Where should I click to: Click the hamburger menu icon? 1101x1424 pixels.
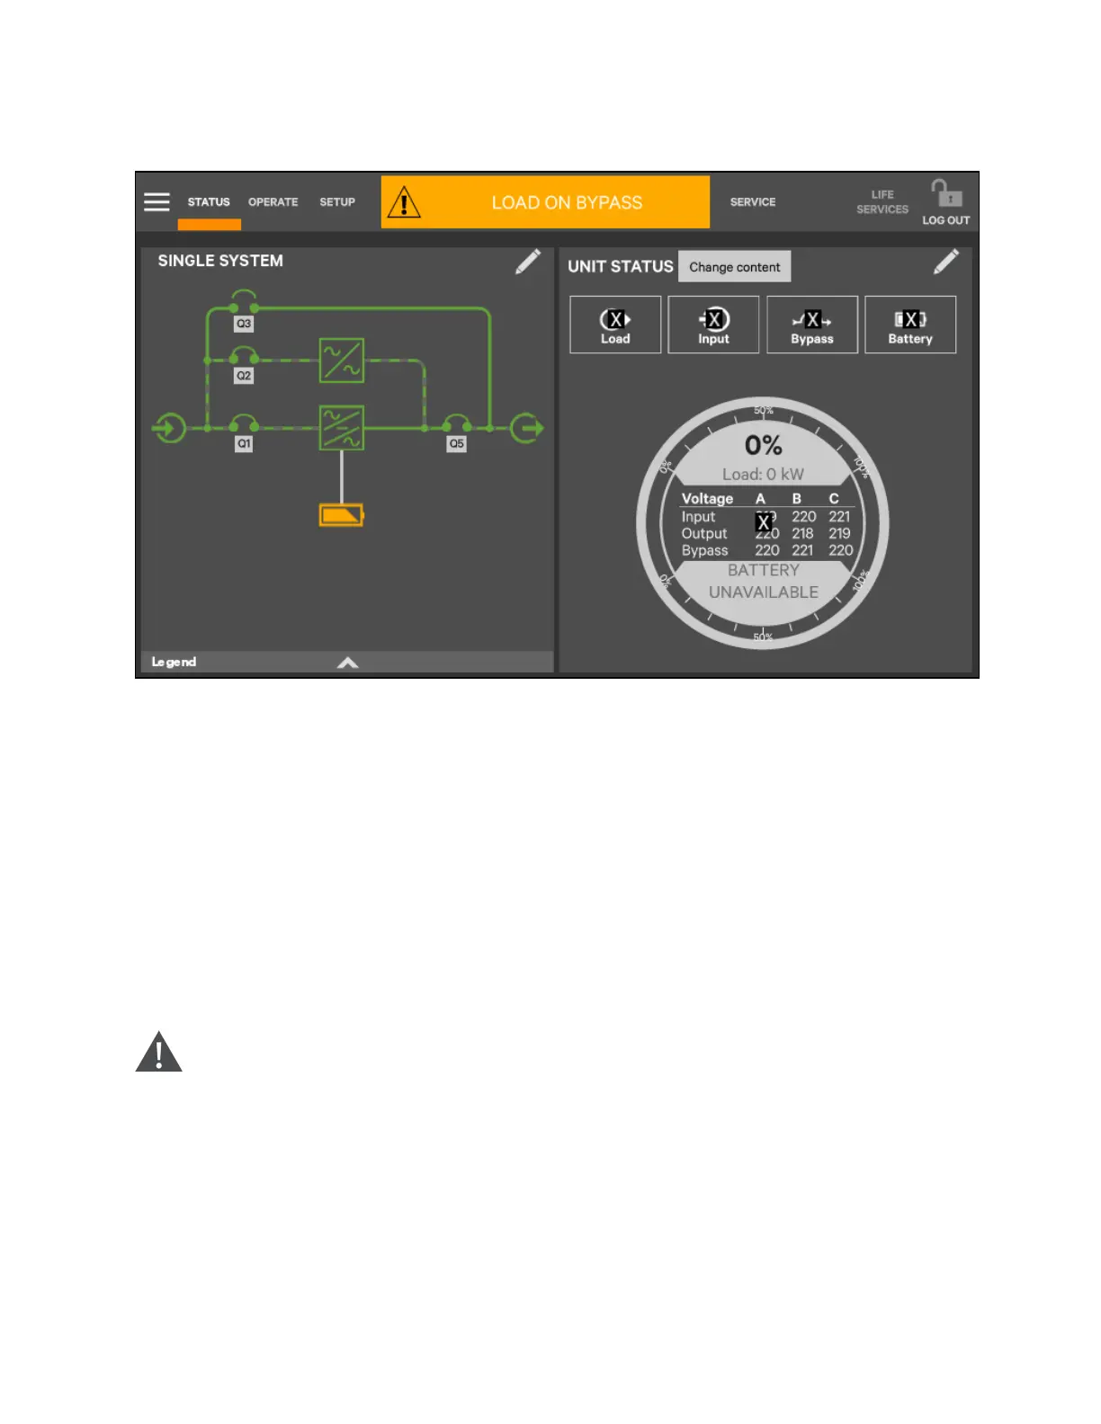[x=157, y=202]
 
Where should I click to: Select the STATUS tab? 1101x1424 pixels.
[x=209, y=202]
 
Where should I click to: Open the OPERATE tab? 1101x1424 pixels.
[x=273, y=202]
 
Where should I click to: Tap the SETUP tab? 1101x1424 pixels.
[x=337, y=202]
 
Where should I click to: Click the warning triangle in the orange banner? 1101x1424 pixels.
[x=404, y=203]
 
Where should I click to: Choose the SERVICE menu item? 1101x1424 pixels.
[x=753, y=202]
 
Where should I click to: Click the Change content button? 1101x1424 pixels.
[x=734, y=267]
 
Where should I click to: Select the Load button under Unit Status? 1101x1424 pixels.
[x=615, y=325]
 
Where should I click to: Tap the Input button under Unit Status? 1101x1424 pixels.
[x=713, y=325]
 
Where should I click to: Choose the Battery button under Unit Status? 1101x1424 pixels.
[x=910, y=325]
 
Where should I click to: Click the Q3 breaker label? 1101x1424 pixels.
[x=244, y=324]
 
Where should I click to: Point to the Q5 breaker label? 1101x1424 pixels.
[x=457, y=443]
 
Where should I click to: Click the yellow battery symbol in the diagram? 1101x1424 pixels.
[x=342, y=515]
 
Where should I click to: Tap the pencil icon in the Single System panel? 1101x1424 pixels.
[x=528, y=262]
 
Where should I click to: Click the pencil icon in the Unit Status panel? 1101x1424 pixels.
[x=946, y=262]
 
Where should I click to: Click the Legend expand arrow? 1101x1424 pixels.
[x=347, y=663]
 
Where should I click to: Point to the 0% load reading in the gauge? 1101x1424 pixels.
[x=763, y=446]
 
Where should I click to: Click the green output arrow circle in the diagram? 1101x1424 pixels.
[x=527, y=428]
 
